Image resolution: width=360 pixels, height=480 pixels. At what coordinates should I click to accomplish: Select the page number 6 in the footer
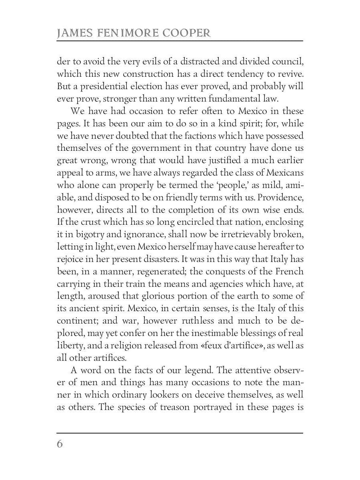click(60, 444)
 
